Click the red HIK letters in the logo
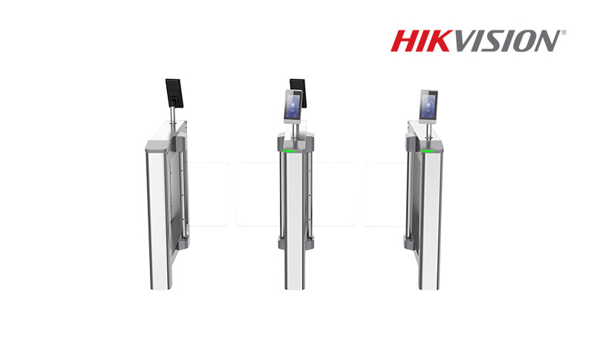pos(420,41)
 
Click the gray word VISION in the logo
pos(505,41)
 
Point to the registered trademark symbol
pos(564,33)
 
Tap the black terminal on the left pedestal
pos(174,93)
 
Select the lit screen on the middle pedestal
pos(293,107)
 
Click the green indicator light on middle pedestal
pos(289,151)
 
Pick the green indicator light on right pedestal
pos(428,151)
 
